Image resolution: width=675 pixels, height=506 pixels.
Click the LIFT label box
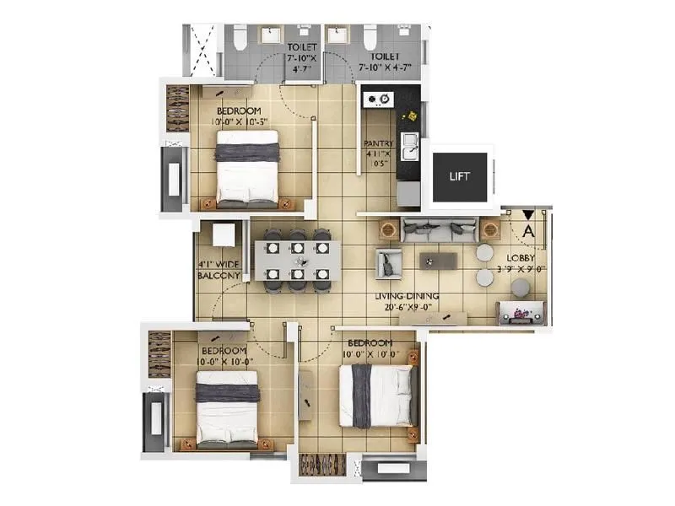tap(460, 177)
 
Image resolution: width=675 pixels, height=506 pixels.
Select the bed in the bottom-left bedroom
tap(226, 409)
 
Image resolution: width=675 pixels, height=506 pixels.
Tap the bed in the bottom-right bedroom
tap(378, 395)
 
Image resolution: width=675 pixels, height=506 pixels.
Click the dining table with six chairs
tap(298, 261)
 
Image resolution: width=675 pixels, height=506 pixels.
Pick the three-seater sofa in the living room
tap(438, 228)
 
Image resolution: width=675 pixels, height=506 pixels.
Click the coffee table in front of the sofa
tap(438, 261)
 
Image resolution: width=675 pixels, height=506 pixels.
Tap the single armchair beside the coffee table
tap(389, 262)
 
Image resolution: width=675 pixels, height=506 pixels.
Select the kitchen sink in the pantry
tap(408, 148)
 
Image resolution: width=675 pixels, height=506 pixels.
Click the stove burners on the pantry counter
tap(378, 100)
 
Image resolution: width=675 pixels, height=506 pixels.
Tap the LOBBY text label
tap(521, 265)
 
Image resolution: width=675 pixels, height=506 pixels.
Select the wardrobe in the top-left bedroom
tap(177, 108)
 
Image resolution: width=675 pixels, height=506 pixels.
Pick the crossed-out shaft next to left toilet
tap(203, 50)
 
